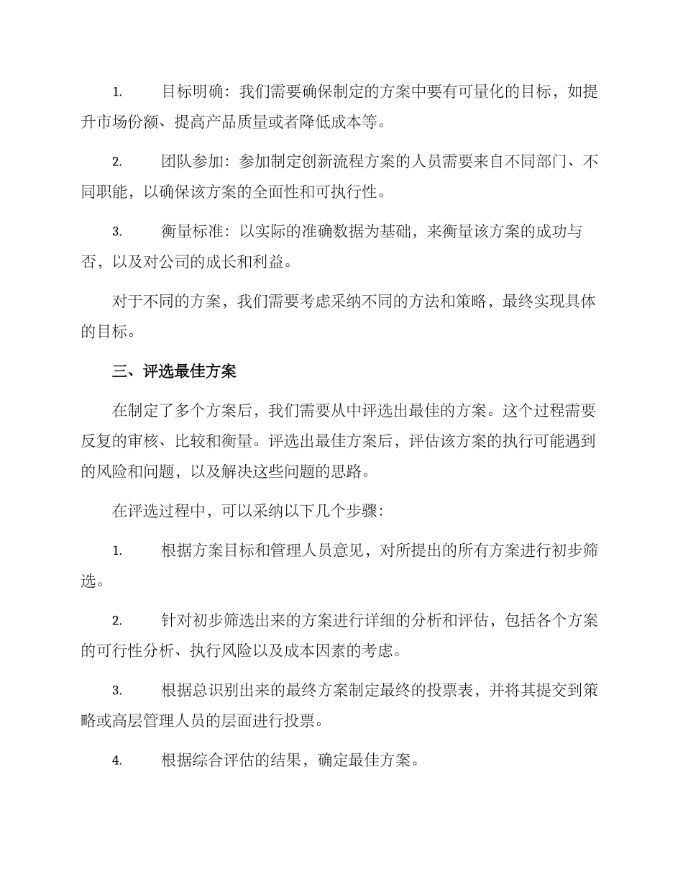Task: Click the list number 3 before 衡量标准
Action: [x=116, y=232]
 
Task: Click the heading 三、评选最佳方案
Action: [x=174, y=371]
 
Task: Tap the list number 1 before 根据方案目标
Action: [x=116, y=551]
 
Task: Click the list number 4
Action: [x=116, y=761]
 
